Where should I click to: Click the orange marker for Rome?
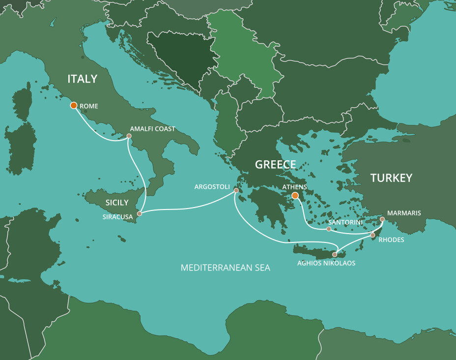pos(73,105)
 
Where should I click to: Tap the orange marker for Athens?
pos(295,196)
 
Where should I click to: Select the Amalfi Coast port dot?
pos(129,136)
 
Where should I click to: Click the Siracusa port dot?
pos(140,213)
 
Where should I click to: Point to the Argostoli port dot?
pos(236,190)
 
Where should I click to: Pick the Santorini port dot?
pos(329,229)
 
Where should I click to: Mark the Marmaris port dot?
pos(382,219)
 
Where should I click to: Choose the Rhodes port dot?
pos(372,235)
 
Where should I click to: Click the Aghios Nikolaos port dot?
pos(335,254)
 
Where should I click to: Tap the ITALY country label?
pos(82,79)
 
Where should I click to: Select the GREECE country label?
pos(275,165)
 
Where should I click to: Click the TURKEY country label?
pos(391,178)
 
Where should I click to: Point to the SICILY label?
pos(116,203)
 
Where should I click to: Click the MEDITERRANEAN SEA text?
pos(225,268)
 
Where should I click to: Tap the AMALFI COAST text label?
pos(153,129)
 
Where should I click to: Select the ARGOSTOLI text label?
pos(212,187)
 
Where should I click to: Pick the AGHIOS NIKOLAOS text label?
pos(326,263)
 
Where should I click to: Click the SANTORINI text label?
pos(346,223)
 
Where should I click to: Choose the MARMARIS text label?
pos(404,213)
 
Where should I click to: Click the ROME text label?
pos(88,106)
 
